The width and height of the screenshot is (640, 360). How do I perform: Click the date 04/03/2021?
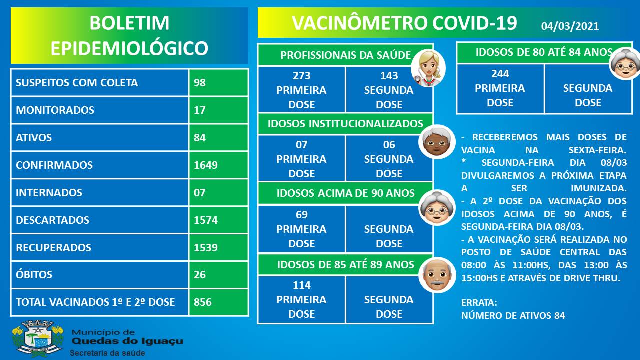[570, 26]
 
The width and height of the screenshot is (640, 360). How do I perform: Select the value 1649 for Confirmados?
[205, 165]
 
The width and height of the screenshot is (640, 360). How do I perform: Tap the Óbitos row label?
[34, 274]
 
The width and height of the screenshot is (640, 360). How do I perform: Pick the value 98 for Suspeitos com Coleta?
[199, 83]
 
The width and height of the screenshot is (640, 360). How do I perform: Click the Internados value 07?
[199, 193]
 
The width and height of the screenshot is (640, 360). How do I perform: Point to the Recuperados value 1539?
[205, 247]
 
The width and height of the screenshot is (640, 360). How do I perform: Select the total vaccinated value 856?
[203, 302]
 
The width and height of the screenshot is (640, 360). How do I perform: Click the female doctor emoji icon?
[428, 68]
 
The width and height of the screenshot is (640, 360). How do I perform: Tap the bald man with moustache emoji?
[437, 275]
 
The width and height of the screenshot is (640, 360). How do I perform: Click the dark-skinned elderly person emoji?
[436, 142]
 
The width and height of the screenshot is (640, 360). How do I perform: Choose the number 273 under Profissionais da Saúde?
[301, 75]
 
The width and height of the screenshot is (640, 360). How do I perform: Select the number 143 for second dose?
[389, 75]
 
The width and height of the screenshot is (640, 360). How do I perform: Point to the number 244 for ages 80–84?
[500, 74]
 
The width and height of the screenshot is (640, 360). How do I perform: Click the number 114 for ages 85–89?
[301, 285]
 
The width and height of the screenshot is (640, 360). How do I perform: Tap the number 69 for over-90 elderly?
[301, 214]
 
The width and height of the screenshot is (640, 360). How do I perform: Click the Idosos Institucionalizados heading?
[345, 123]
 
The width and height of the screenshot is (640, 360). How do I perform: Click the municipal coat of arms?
[37, 338]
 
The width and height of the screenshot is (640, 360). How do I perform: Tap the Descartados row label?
[52, 220]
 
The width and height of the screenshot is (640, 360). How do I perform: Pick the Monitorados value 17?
[199, 110]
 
